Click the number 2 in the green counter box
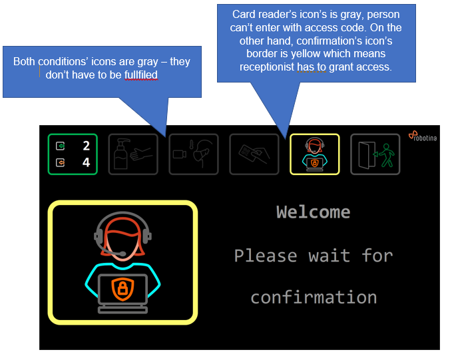point(86,146)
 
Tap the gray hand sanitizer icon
point(133,154)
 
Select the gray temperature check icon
point(194,154)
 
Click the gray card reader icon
point(254,154)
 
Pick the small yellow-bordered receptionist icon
point(314,154)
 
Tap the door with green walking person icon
point(375,154)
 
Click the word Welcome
point(313,212)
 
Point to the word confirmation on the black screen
point(314,297)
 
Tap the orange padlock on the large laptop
point(122,288)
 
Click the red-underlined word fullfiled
point(140,75)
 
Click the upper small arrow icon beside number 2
point(61,146)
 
